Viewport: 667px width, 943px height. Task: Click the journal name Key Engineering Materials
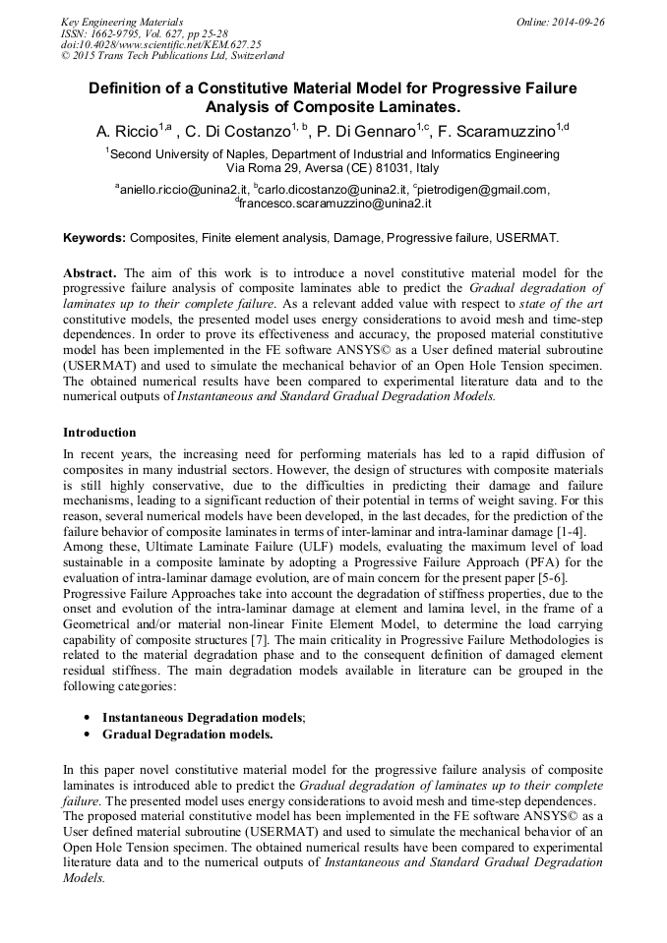tap(121, 21)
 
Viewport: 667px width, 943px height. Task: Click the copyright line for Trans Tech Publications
tap(172, 56)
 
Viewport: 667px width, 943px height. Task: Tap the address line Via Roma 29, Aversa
tap(333, 168)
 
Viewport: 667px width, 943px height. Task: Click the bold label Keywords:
tap(94, 238)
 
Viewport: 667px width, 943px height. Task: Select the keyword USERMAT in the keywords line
tap(529, 238)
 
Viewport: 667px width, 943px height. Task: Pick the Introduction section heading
tap(99, 433)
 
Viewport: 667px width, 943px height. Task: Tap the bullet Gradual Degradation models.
tap(188, 734)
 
